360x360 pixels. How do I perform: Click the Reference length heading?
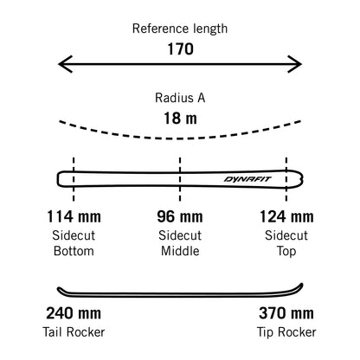(x=180, y=29)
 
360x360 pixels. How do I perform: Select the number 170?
(x=181, y=49)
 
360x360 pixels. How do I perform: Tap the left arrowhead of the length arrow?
(x=66, y=64)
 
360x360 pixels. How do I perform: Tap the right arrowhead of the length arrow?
(x=294, y=64)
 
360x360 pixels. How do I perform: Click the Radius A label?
(x=180, y=98)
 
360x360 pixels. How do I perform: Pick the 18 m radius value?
(x=181, y=119)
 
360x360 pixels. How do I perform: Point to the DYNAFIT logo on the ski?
(x=247, y=179)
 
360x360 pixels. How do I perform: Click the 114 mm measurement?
(x=74, y=216)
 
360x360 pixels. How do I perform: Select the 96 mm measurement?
(x=180, y=216)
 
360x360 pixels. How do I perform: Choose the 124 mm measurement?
(x=286, y=216)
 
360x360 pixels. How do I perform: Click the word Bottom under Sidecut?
(x=74, y=251)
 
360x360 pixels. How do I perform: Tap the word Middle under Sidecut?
(x=180, y=251)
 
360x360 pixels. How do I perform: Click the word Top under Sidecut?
(x=286, y=252)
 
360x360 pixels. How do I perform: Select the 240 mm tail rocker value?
(x=74, y=313)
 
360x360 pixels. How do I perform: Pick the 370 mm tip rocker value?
(x=286, y=313)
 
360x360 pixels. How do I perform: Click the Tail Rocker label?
(x=74, y=332)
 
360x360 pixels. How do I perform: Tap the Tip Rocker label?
(x=286, y=332)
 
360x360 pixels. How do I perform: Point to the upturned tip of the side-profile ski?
(x=301, y=286)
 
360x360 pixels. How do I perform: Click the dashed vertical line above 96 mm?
(x=180, y=179)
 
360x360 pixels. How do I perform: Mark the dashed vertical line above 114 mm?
(x=74, y=179)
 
